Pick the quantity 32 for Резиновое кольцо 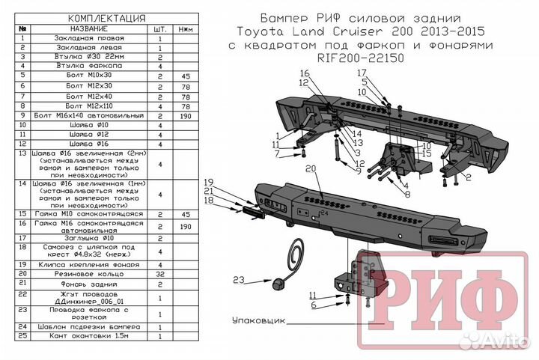tap(160, 275)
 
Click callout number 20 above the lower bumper tap(311, 171)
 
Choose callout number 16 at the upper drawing tap(305, 73)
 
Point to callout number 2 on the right tap(468, 177)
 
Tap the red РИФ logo tap(442, 286)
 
